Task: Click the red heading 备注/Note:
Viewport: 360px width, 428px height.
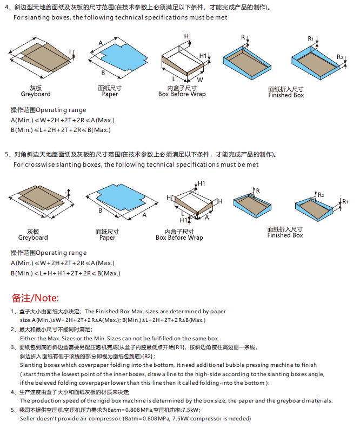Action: coord(35,298)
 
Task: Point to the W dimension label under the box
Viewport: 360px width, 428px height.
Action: coord(199,80)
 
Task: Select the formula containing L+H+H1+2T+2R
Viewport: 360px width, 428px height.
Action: coord(65,274)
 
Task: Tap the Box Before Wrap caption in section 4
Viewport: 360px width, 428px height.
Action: coord(182,94)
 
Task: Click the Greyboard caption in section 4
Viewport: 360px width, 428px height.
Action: coord(36,94)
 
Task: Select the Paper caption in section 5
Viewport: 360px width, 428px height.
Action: coord(108,238)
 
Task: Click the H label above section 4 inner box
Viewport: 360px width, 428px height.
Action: coord(186,36)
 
